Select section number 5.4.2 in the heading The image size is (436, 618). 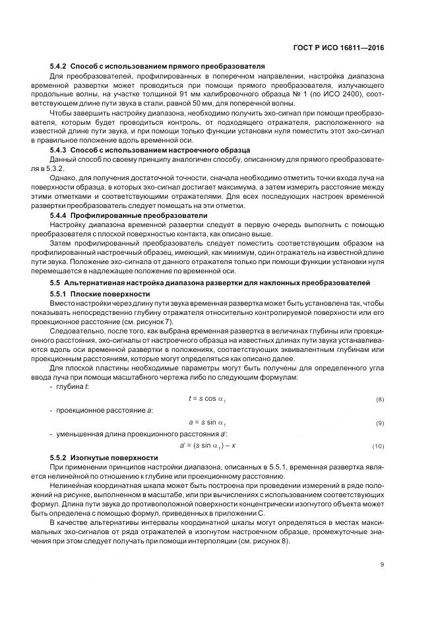pos(59,67)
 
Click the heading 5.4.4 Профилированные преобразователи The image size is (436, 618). pos(129,215)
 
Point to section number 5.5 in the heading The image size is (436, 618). pos(55,283)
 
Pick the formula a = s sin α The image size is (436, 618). pos(207,423)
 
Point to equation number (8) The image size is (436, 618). pos(380,400)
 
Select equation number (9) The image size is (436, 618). pos(380,423)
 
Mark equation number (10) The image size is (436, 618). pos(378,446)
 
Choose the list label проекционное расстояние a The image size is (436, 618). pos(104,411)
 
